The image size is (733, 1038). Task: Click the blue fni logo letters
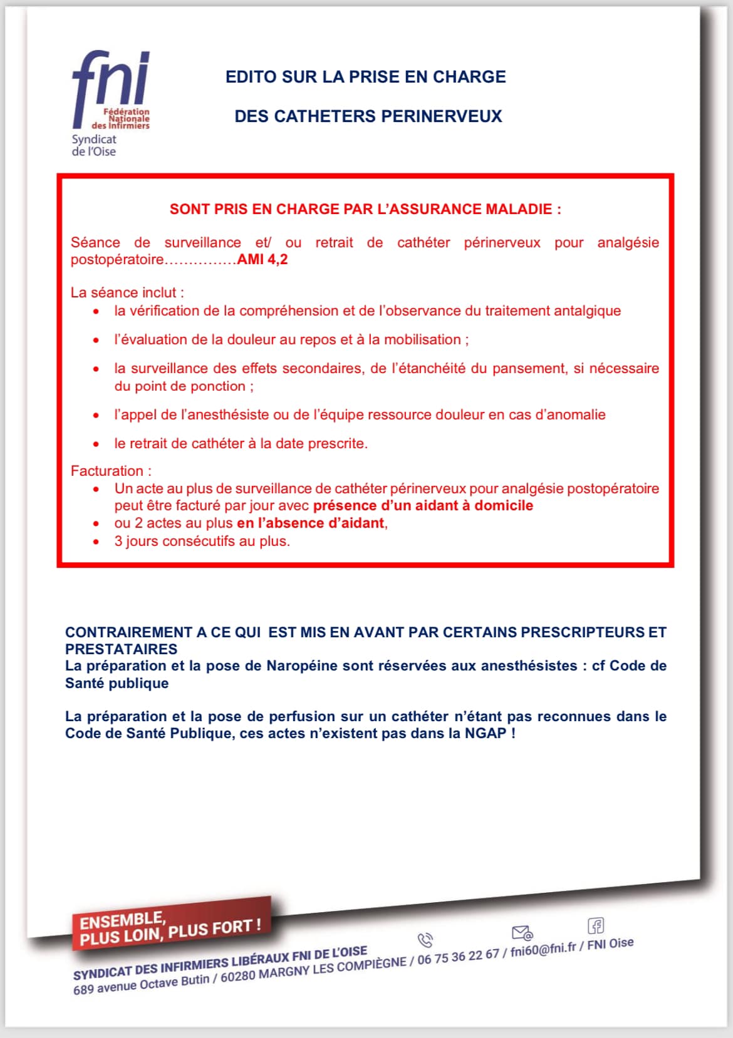(x=111, y=79)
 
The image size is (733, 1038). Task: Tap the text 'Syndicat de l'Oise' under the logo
(x=94, y=145)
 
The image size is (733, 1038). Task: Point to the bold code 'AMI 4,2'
(x=263, y=260)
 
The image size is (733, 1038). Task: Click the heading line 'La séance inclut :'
(x=127, y=292)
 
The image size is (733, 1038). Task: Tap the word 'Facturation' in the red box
(x=107, y=471)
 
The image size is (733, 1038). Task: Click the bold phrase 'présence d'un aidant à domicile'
(x=423, y=506)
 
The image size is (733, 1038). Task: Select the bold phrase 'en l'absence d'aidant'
(x=310, y=523)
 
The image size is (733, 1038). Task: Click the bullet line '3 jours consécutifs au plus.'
(x=202, y=541)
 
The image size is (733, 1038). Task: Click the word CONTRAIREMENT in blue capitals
(x=128, y=632)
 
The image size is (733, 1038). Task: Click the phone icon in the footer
(x=425, y=940)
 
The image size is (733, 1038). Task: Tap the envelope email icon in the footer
(x=522, y=933)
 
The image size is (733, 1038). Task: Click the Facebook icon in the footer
(x=595, y=925)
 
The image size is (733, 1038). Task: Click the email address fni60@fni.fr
(x=543, y=950)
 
